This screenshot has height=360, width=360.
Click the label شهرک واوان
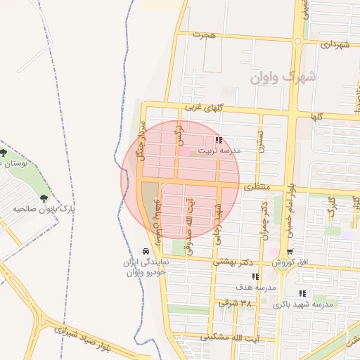283,76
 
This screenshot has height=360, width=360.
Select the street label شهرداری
335,44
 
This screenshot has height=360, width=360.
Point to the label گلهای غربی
204,108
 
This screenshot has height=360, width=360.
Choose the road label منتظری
257,188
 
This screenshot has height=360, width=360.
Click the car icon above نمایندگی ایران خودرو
146,251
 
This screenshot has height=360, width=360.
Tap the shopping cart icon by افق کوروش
289,252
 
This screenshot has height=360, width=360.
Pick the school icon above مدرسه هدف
255,277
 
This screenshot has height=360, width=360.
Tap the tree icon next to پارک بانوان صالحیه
46,199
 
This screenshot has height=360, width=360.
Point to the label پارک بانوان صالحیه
44,210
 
